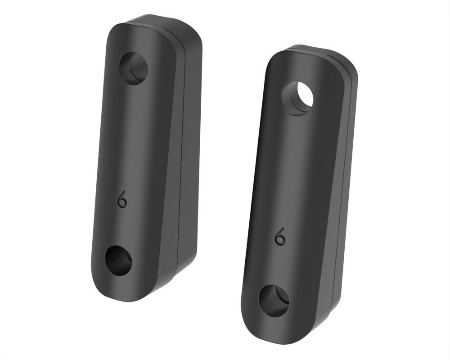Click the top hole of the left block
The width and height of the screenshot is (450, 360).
pos(133,68)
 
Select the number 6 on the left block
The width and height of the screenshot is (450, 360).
pos(122,200)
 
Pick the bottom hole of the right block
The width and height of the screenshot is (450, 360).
pos(274,301)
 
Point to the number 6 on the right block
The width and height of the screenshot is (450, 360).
pos(281,237)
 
